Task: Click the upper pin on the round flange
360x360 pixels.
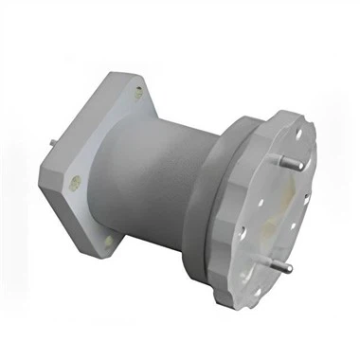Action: point(293,161)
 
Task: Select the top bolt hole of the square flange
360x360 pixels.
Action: point(138,93)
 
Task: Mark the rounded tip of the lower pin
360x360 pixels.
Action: point(289,268)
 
